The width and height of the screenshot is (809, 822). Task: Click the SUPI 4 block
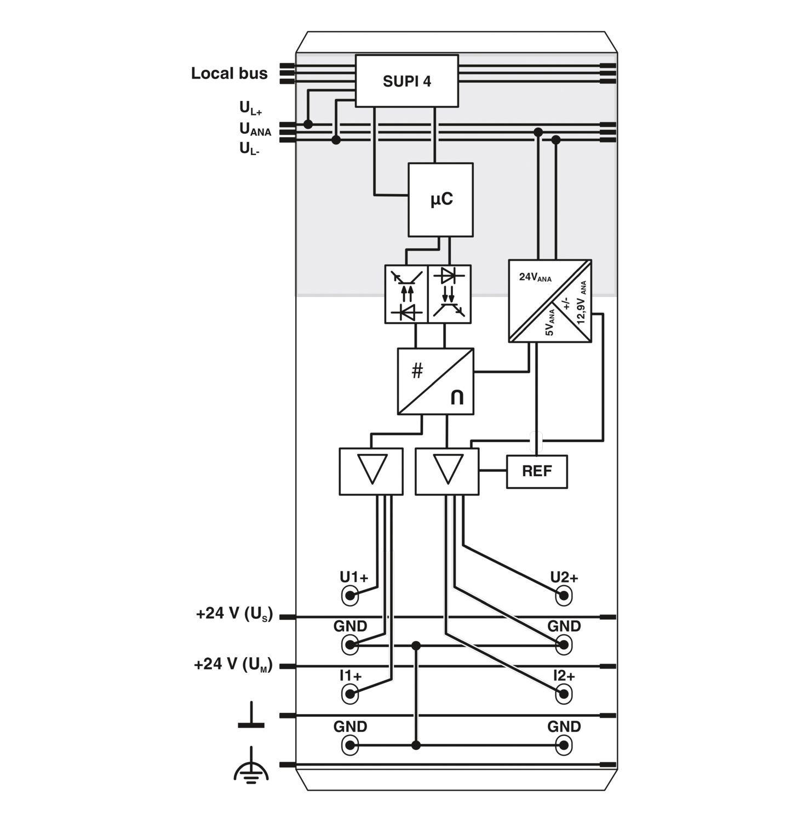[407, 81]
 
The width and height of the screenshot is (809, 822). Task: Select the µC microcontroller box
[440, 199]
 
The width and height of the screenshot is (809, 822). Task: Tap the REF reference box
[537, 471]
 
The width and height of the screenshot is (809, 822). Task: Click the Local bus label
[229, 73]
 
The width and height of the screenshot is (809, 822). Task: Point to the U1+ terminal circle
[350, 595]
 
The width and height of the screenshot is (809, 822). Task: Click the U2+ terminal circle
[564, 595]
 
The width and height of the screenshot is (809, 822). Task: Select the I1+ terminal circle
[350, 694]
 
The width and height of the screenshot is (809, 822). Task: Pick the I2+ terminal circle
[564, 694]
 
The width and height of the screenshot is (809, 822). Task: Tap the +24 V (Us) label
[234, 614]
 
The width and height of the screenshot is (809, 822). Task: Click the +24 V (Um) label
[233, 665]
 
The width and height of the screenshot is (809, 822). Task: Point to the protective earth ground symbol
[251, 766]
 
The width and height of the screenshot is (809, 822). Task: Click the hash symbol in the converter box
[417, 372]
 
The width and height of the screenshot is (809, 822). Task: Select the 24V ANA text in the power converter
[535, 277]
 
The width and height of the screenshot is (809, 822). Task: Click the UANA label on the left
[255, 129]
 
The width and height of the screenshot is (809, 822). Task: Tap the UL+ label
[251, 109]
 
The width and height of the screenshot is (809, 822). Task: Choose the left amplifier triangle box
[371, 472]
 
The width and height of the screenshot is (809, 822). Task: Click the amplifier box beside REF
[447, 472]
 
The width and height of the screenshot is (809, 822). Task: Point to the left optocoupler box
[406, 294]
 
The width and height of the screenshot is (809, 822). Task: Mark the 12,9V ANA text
[582, 302]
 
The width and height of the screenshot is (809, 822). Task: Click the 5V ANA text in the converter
[550, 322]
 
